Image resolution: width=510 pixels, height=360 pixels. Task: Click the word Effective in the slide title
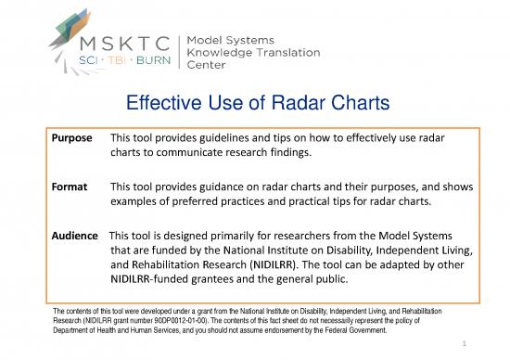[166, 104]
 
